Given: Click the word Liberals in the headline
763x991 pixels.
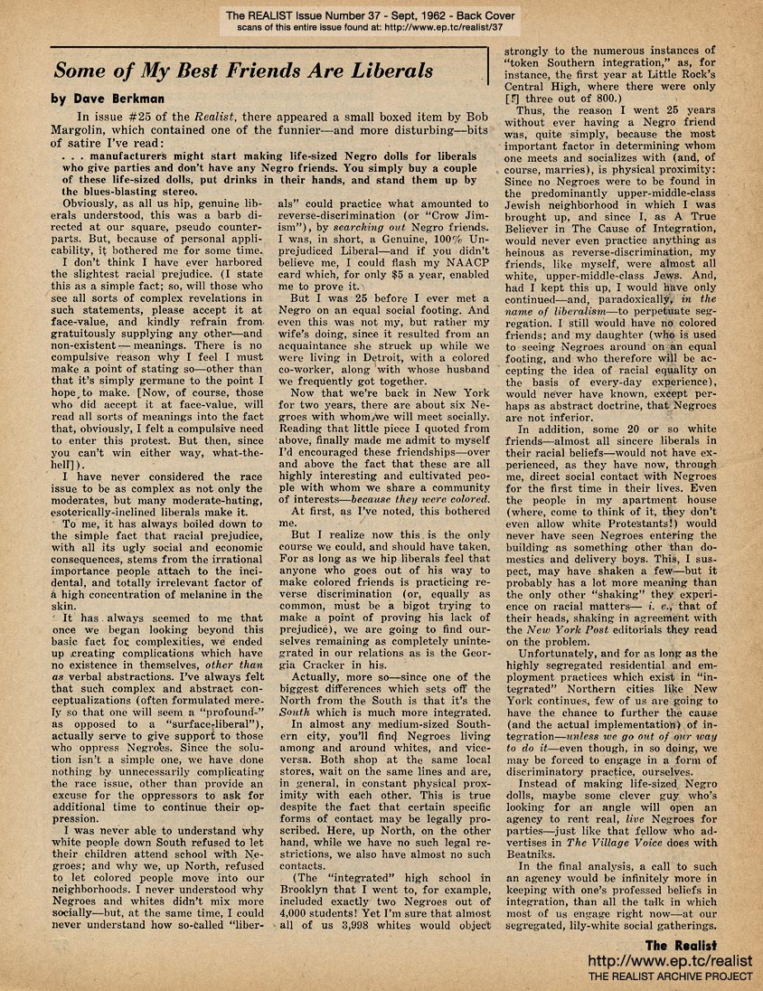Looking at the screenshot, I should [381, 71].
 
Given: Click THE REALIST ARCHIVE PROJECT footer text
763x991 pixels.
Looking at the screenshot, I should [670, 977].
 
